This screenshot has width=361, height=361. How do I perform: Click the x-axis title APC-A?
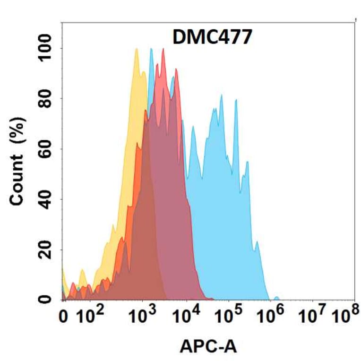(x=208, y=347)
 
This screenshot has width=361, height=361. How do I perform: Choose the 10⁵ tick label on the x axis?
(x=229, y=316)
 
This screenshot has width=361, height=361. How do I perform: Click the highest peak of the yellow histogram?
(x=137, y=49)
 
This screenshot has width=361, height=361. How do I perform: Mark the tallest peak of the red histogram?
(x=163, y=49)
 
